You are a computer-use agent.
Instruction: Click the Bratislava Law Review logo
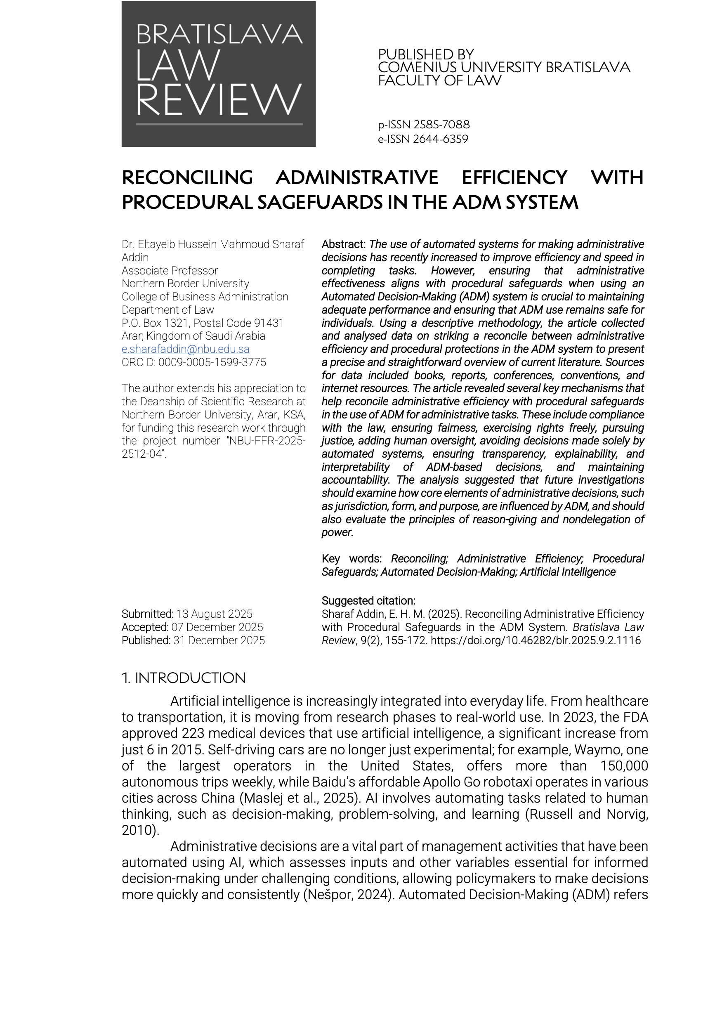pyautogui.click(x=218, y=74)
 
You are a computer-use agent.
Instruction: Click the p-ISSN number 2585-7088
pyautogui.click(x=441, y=125)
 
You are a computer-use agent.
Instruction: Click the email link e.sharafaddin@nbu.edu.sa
pyautogui.click(x=185, y=349)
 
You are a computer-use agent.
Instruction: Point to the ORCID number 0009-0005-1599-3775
pyautogui.click(x=212, y=362)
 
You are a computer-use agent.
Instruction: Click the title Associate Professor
pyautogui.click(x=170, y=270)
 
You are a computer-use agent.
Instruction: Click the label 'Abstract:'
pyautogui.click(x=343, y=244)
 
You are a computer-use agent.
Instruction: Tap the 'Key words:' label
pyautogui.click(x=352, y=559)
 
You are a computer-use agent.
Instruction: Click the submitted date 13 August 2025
pyautogui.click(x=214, y=614)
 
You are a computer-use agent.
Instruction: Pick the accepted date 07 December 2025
pyautogui.click(x=217, y=627)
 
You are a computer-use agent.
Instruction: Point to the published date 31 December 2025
pyautogui.click(x=219, y=640)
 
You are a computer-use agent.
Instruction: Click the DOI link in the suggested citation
pyautogui.click(x=536, y=640)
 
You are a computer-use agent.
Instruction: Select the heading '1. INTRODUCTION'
pyautogui.click(x=184, y=678)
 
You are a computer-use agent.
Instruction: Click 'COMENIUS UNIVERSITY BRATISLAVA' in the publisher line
pyautogui.click(x=504, y=68)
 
